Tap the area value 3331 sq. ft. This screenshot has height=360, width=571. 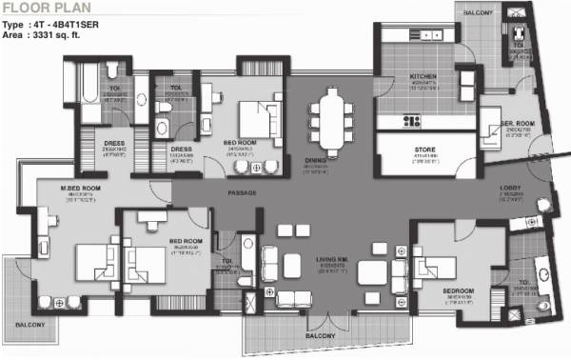pyautogui.click(x=77, y=32)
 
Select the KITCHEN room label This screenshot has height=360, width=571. pyautogui.click(x=422, y=77)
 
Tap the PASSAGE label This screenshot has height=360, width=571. pyautogui.click(x=243, y=193)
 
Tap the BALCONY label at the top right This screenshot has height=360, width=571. pyautogui.click(x=478, y=11)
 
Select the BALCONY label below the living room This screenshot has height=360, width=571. pyautogui.click(x=321, y=336)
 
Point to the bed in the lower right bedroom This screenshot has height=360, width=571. pyautogui.click(x=443, y=270)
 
